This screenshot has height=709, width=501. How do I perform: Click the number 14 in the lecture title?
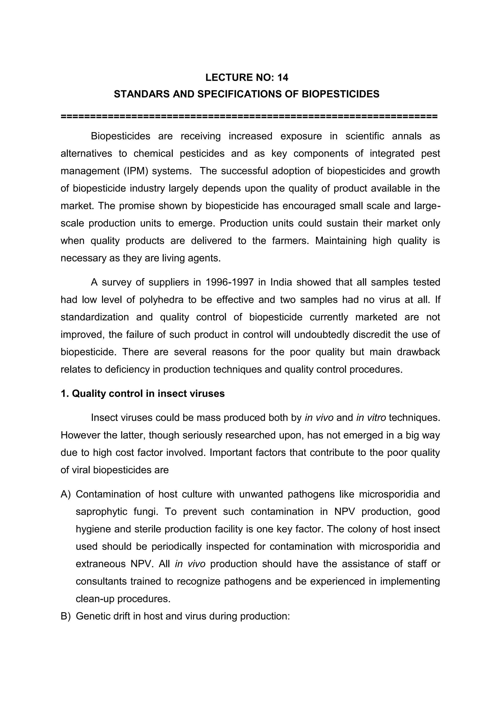pos(283,78)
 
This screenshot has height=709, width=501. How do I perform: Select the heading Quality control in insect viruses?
pos(148,394)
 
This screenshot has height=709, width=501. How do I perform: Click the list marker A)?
pos(66,494)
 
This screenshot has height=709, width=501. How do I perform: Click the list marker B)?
pos(66,616)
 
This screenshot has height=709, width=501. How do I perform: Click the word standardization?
pos(95,317)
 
